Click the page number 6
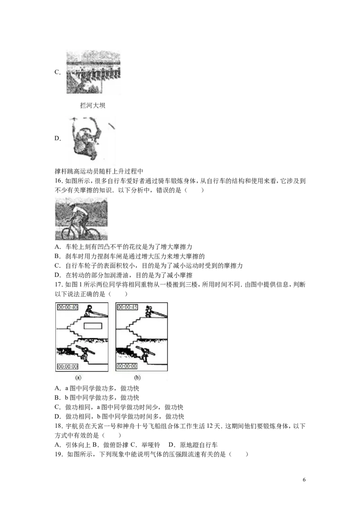pyautogui.click(x=304, y=480)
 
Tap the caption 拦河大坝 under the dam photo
pyautogui.click(x=93, y=106)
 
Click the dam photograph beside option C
pyautogui.click(x=93, y=72)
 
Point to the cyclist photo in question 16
pyautogui.click(x=81, y=219)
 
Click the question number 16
pyautogui.click(x=58, y=181)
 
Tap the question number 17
pyautogui.click(x=58, y=285)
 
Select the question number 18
pyautogui.click(x=58, y=426)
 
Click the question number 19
pyautogui.click(x=58, y=455)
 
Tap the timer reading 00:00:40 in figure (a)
pyautogui.click(x=67, y=307)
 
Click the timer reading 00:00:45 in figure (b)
pyautogui.click(x=127, y=307)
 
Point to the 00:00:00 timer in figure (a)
pyautogui.click(x=67, y=366)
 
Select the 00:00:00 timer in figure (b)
pyautogui.click(x=127, y=366)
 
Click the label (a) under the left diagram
pyautogui.click(x=78, y=378)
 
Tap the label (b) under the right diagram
pyautogui.click(x=137, y=378)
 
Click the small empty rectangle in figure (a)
pyautogui.click(x=93, y=326)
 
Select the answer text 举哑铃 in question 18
pyautogui.click(x=151, y=445)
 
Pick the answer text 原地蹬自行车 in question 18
pyautogui.click(x=199, y=445)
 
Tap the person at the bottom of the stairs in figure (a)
pyautogui.click(x=86, y=354)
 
